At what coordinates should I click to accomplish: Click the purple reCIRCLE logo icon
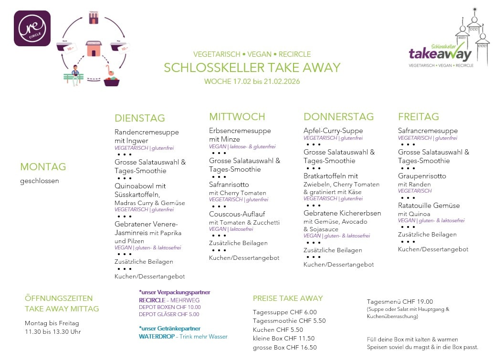(x=32, y=29)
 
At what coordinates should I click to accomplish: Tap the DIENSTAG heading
(x=139, y=118)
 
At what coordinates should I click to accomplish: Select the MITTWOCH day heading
(x=237, y=117)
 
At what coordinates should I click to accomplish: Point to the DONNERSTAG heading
(x=338, y=117)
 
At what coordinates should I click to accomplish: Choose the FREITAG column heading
(x=418, y=117)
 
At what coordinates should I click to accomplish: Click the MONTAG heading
(x=43, y=167)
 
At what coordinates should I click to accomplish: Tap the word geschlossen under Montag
(x=39, y=181)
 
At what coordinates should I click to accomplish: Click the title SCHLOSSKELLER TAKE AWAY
(x=252, y=68)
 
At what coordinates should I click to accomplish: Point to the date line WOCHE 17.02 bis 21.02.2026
(x=252, y=82)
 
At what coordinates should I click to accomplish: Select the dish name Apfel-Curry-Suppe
(x=333, y=131)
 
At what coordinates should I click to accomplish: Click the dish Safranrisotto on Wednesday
(x=229, y=185)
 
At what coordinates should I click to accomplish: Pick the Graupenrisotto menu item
(x=422, y=176)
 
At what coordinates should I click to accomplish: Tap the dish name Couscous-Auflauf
(x=237, y=214)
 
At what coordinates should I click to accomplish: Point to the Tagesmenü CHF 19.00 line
(x=399, y=301)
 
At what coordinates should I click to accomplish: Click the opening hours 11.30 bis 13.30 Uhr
(x=53, y=332)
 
